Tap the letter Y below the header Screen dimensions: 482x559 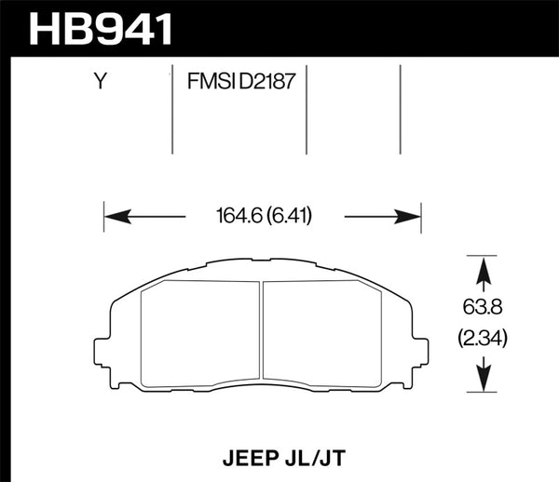(99, 82)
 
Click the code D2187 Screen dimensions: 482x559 (269, 82)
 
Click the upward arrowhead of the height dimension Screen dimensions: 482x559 (482, 267)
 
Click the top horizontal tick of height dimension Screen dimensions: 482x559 (482, 254)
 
